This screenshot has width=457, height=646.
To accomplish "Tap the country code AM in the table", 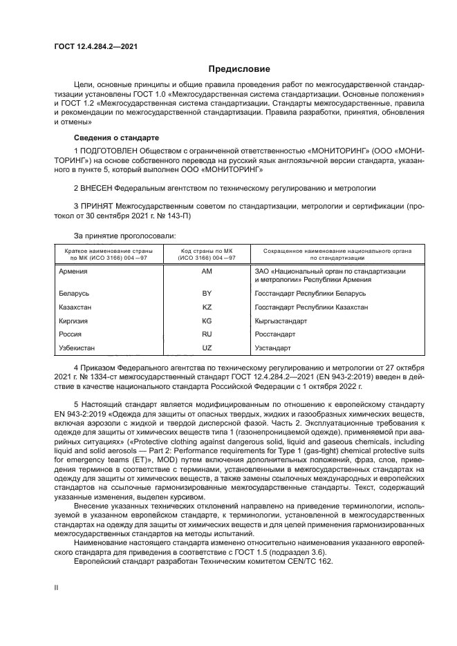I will pos(207,272).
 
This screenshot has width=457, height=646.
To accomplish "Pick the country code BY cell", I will pos(207,294).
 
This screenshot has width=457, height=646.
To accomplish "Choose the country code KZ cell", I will pos(207,307).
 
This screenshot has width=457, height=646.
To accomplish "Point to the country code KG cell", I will pos(207,321).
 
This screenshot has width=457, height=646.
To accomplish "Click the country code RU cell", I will pos(207,334).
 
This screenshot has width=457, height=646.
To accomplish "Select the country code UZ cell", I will pos(207,347).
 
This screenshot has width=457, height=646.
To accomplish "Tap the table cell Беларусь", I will pos(75,294).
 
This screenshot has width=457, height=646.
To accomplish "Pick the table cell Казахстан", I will pos(76,307).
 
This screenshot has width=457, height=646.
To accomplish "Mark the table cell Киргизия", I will pos(75,321).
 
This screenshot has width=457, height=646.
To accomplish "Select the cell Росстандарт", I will pos(274,334).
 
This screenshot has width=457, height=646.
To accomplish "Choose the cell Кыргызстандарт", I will pos(281,321).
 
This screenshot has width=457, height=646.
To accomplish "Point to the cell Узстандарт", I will pos(273,347).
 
